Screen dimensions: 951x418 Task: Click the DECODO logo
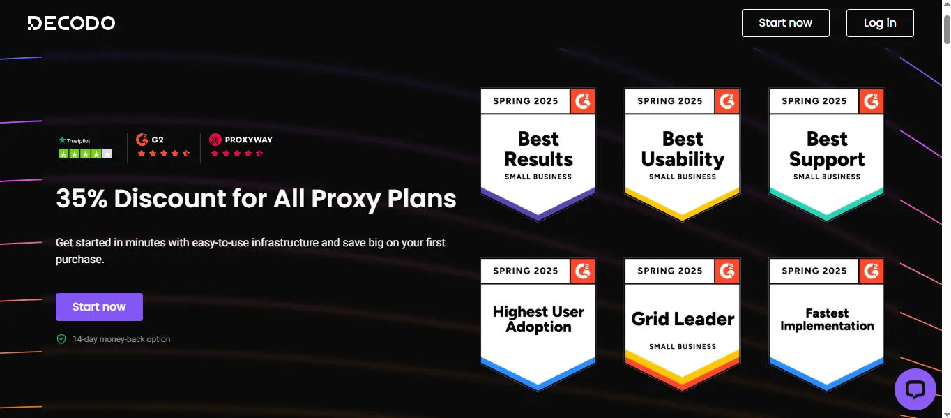point(71,23)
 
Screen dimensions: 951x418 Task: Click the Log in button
point(880,23)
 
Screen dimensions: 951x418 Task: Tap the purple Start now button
point(99,307)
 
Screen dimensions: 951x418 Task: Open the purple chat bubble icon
point(915,389)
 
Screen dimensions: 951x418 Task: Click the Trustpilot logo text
point(78,140)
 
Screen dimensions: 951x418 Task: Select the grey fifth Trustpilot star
point(107,154)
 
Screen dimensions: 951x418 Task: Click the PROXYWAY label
point(249,140)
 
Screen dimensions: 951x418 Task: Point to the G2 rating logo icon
point(142,140)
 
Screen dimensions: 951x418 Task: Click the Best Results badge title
point(538,149)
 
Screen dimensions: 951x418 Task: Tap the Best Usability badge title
point(683,149)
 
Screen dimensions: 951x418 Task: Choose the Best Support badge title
point(827,149)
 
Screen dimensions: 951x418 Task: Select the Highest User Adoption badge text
point(538,319)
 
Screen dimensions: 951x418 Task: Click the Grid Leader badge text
point(683,319)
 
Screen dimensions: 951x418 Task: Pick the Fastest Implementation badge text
point(827,320)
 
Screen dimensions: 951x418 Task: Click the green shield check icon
point(61,339)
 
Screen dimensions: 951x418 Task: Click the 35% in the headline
point(82,198)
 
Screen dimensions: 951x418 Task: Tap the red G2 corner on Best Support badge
point(872,101)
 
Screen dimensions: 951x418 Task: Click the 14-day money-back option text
point(121,339)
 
